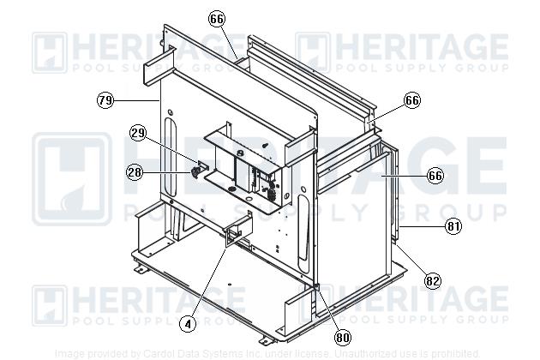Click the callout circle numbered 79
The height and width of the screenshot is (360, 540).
pos(105,100)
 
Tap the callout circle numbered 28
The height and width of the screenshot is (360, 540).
pos(135,172)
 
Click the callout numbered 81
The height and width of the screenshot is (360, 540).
pos(453,226)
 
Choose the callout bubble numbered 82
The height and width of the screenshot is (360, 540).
pos(433,279)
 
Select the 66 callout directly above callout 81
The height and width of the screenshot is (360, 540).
pos(435,176)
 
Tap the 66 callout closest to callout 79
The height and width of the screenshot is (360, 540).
pos(217,18)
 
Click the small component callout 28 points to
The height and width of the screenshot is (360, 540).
pos(195,172)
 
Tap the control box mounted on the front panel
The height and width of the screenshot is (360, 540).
pos(249,167)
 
